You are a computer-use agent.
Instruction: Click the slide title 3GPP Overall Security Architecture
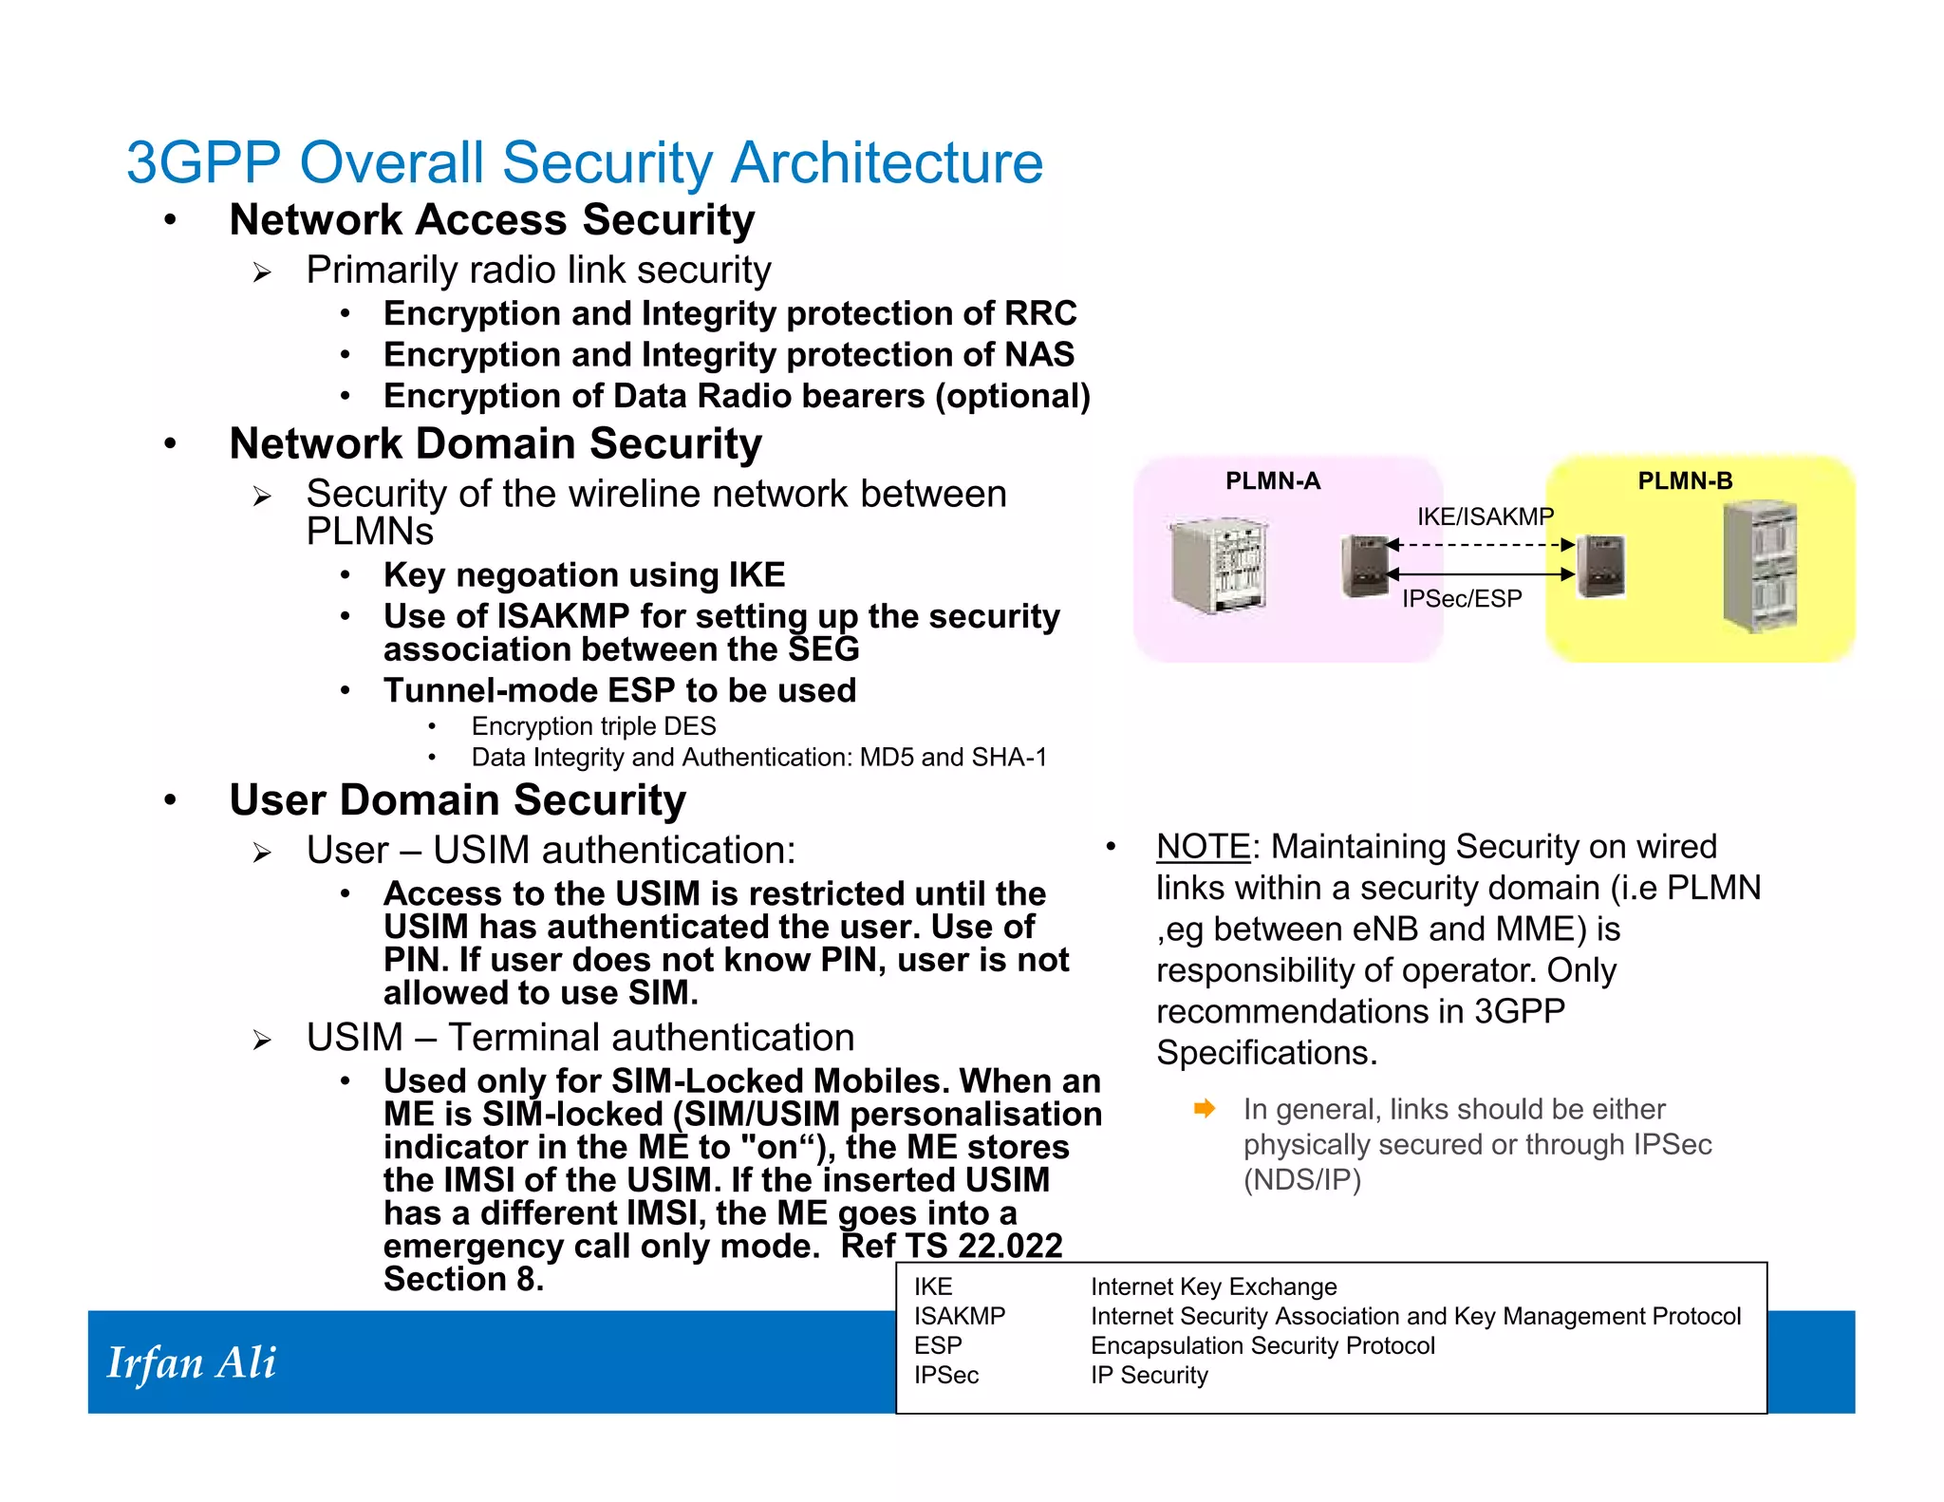point(584,162)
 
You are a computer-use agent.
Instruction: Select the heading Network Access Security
point(492,220)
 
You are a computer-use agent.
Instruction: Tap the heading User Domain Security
point(458,799)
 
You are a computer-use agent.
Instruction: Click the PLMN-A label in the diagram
point(1272,481)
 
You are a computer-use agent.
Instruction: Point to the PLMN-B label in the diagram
point(1684,481)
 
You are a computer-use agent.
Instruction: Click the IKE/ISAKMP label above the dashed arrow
point(1485,516)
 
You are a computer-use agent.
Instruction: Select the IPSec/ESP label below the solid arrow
point(1462,599)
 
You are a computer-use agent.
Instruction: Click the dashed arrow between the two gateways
point(1481,545)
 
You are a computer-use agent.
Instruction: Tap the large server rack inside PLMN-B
point(1759,566)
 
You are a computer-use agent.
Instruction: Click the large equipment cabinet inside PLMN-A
point(1218,566)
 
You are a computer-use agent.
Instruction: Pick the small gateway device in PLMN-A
point(1364,566)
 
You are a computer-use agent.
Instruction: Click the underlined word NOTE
point(1203,846)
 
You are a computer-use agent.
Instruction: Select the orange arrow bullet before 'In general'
point(1205,1109)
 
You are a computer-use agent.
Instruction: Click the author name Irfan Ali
point(191,1363)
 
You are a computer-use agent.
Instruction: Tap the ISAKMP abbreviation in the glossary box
point(959,1316)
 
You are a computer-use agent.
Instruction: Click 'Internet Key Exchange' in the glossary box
point(1213,1286)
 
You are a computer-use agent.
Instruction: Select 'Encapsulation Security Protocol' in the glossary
point(1262,1345)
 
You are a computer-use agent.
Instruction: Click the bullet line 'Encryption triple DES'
point(593,726)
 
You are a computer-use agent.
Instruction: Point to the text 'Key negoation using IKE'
point(584,575)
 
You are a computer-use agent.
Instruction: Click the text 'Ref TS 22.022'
point(951,1246)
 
